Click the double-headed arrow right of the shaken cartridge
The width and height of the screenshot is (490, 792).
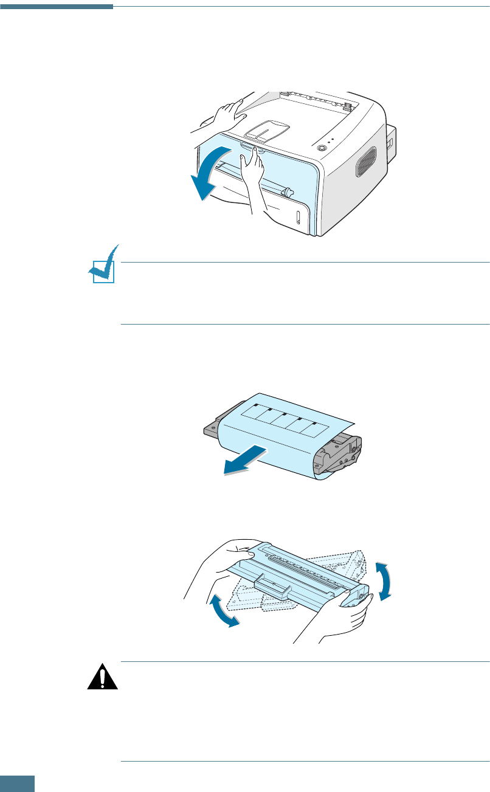tap(382, 581)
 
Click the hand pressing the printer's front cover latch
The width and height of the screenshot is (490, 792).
tap(254, 182)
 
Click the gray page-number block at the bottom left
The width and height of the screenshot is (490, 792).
tap(17, 783)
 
